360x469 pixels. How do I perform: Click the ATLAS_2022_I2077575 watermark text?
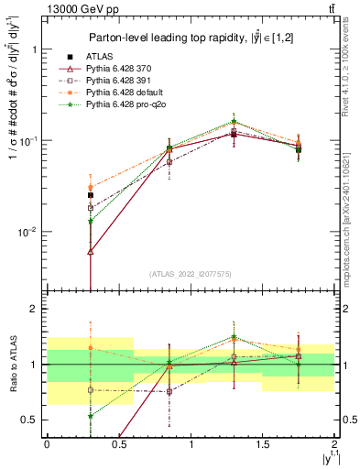[x=189, y=273]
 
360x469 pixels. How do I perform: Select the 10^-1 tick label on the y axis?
[x=27, y=141]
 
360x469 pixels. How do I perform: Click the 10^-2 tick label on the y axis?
[x=27, y=232]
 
